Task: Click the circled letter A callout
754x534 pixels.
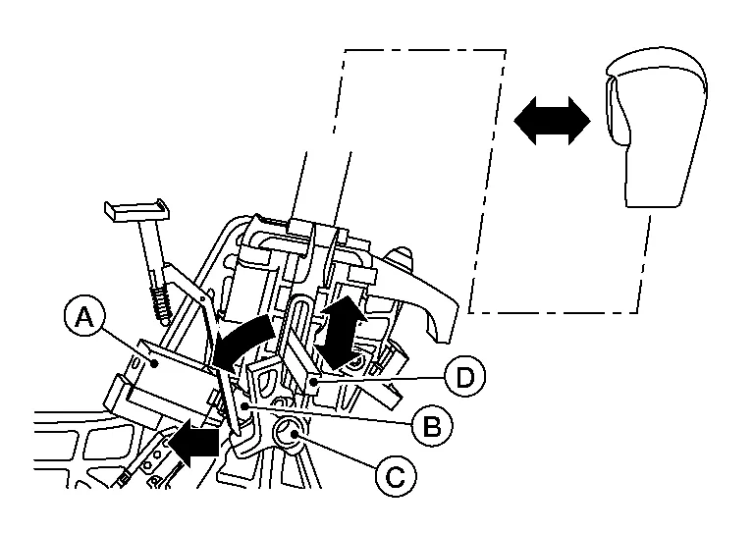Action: (84, 319)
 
